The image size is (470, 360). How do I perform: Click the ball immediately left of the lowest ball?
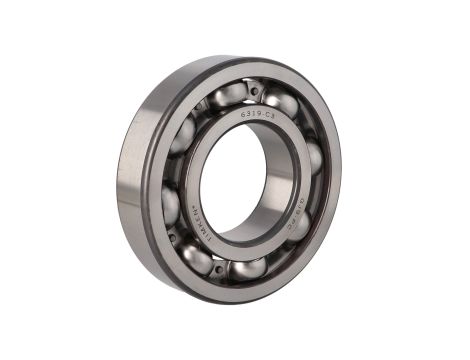pos(197,257)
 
